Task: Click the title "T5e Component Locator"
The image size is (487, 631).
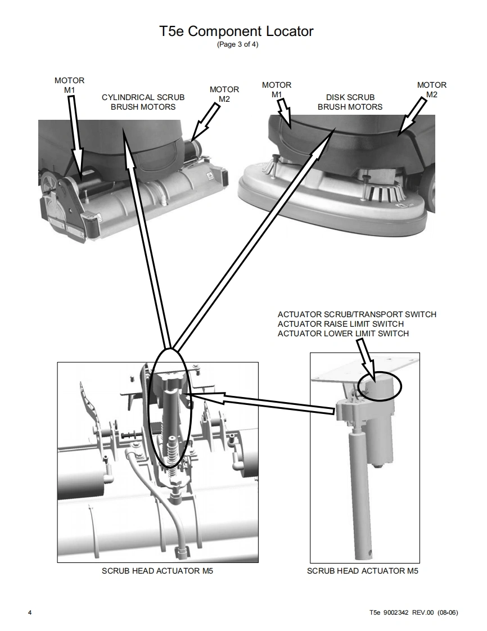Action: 236,31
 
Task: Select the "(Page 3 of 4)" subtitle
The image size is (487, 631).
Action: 237,45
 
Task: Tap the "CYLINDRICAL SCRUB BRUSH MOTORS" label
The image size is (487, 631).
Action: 143,102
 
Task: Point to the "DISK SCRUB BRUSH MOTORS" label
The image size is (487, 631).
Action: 350,102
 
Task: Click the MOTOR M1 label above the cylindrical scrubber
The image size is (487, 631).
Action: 69,85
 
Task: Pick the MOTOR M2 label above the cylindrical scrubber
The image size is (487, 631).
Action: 224,94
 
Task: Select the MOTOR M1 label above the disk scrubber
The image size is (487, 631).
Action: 277,89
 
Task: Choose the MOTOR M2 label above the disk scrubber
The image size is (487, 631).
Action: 431,89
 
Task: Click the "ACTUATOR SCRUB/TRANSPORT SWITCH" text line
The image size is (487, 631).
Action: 357,314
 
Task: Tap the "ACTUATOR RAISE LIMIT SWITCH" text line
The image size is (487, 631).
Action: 340,324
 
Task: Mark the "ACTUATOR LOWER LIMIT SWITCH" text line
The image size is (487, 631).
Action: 343,333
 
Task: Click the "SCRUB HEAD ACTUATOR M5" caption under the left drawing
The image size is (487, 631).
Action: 157,571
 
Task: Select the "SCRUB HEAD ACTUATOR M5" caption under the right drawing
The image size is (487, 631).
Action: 363,571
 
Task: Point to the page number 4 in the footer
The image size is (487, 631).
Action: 30,612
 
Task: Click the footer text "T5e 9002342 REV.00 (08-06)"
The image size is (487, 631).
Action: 413,612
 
